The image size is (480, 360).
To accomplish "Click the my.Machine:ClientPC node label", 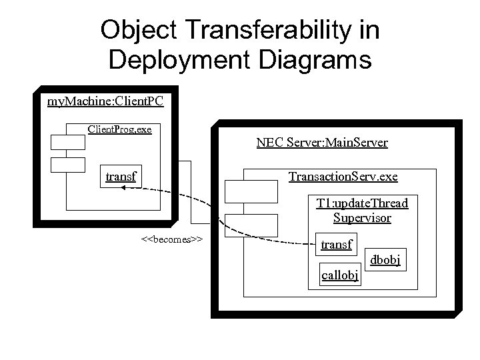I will coord(105,101).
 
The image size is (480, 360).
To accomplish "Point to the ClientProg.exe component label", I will coord(120,128).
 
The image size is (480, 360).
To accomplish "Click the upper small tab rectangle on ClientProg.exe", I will coord(68,141).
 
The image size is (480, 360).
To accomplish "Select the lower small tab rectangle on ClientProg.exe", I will coord(68,164).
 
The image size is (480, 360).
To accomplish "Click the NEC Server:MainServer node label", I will coord(322,143).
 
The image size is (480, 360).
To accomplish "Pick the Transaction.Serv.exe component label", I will coord(343,177).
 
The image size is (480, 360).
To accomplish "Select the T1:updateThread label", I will coord(362,203).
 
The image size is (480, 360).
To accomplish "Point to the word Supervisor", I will coord(362,218).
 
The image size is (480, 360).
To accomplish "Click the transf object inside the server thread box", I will coord(337,245).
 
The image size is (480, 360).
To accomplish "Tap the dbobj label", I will coord(385,260).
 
